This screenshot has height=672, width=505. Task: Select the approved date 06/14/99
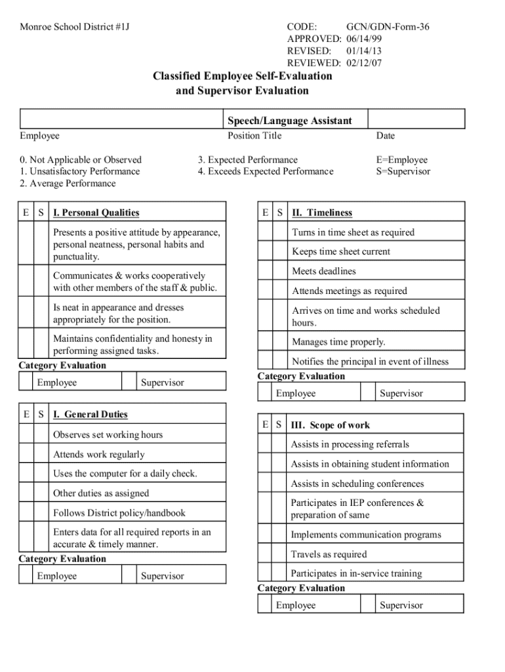click(x=364, y=39)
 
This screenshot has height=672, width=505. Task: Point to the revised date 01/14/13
click(x=364, y=51)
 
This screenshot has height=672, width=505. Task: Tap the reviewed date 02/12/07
click(x=364, y=63)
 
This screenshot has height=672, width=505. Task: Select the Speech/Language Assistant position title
click(x=289, y=121)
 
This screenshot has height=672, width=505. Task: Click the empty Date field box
click(x=416, y=119)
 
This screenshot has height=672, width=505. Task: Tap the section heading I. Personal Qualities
click(x=96, y=213)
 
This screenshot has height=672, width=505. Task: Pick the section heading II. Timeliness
click(x=322, y=213)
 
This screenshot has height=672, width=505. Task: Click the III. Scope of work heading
click(x=331, y=425)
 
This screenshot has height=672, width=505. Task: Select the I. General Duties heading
click(x=91, y=415)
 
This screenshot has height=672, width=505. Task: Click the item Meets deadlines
click(x=324, y=271)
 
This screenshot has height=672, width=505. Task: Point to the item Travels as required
click(x=329, y=555)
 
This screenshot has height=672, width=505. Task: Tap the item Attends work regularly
click(x=99, y=454)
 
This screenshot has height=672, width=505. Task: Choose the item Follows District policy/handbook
click(x=119, y=513)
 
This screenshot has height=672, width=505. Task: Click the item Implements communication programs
click(x=366, y=535)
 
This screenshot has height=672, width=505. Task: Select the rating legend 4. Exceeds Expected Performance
click(x=266, y=171)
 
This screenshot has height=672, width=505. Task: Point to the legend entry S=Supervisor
click(x=403, y=171)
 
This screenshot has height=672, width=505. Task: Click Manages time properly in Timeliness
click(x=338, y=342)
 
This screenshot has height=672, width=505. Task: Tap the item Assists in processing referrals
click(x=350, y=444)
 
